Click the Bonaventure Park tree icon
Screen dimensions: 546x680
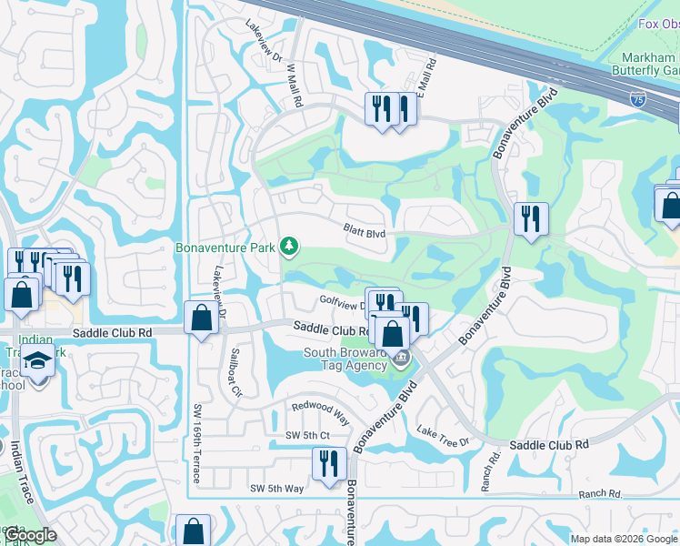289,247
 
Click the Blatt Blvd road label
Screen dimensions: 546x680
365,232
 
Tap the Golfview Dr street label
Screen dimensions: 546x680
340,300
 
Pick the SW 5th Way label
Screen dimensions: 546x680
277,489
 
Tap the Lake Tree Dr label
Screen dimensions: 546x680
443,435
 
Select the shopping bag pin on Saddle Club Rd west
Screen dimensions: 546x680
201,318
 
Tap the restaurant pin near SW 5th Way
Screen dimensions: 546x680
327,463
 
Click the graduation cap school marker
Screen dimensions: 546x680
38,362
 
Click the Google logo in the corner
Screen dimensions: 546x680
29,535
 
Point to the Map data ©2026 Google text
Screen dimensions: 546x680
624,539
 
